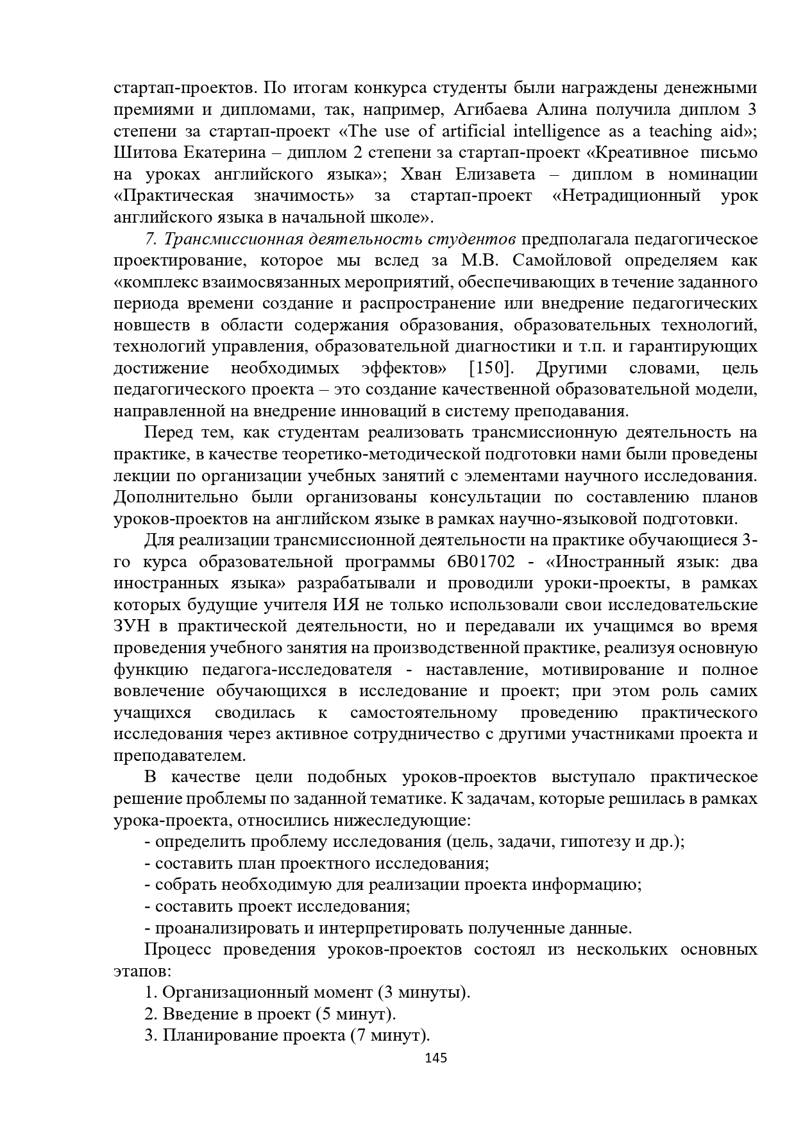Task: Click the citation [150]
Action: (491, 368)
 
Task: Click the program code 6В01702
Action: (477, 562)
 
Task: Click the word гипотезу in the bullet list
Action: (595, 842)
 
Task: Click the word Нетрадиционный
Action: (625, 196)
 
